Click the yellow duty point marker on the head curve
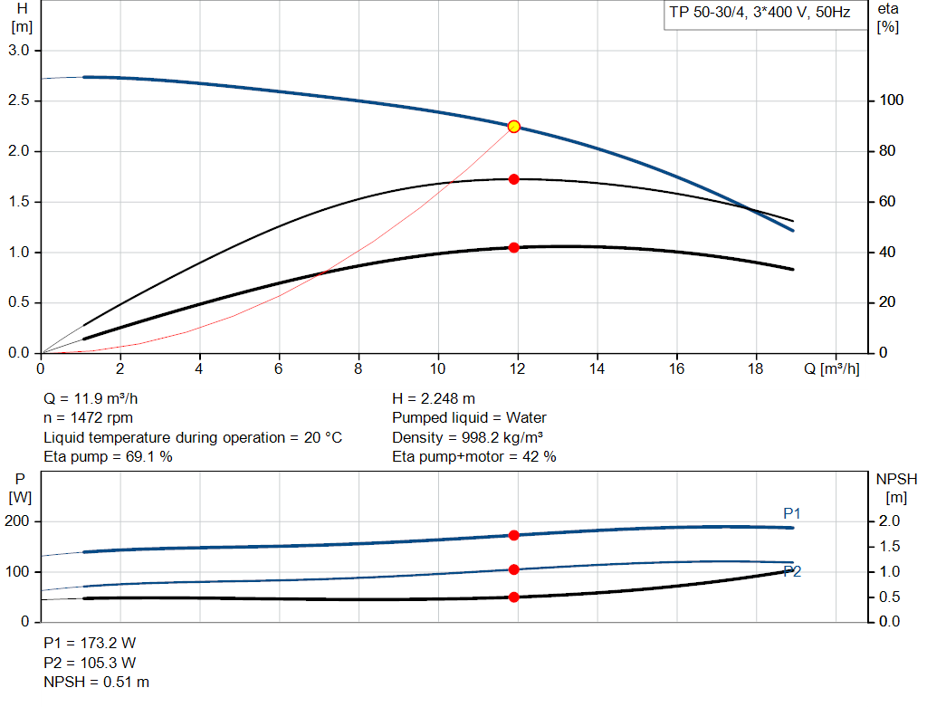(x=513, y=127)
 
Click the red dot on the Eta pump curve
(x=513, y=179)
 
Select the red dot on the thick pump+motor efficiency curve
(x=513, y=247)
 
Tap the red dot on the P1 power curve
(x=513, y=535)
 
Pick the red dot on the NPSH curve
(x=513, y=597)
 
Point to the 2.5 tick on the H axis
(x=20, y=100)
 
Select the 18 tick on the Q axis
(x=756, y=368)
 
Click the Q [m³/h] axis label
(x=832, y=368)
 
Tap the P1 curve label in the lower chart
(x=792, y=513)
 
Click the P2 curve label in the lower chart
(x=792, y=571)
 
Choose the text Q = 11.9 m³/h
(x=91, y=398)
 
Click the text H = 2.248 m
(x=434, y=398)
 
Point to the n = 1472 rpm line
(x=88, y=417)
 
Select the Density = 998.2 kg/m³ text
(x=467, y=437)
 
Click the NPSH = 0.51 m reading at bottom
(x=96, y=682)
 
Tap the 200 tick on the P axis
(x=18, y=521)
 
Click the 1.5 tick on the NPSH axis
(x=890, y=546)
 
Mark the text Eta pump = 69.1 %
(x=108, y=456)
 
